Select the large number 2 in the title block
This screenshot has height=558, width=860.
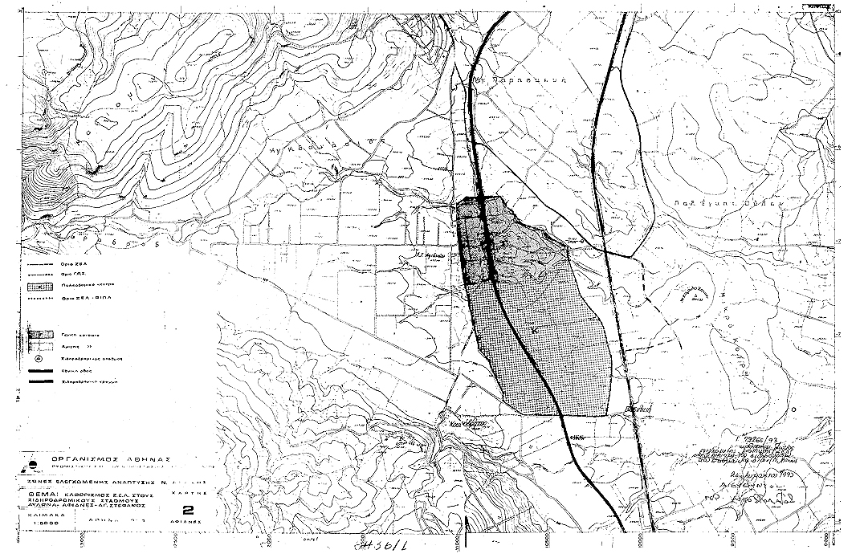(189, 509)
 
